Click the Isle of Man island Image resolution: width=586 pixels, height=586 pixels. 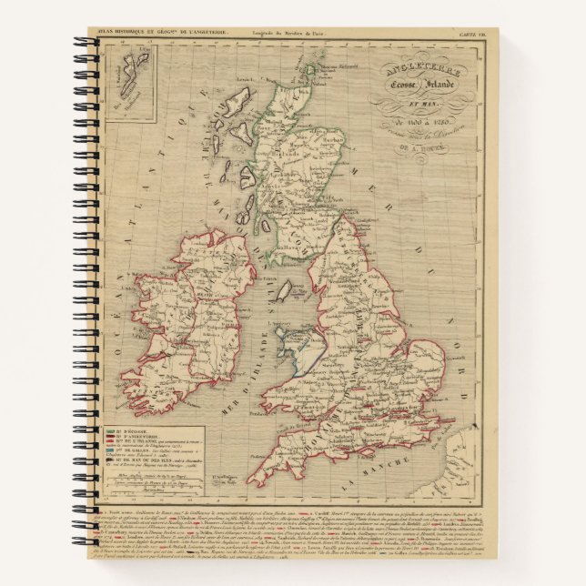pos(283,292)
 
